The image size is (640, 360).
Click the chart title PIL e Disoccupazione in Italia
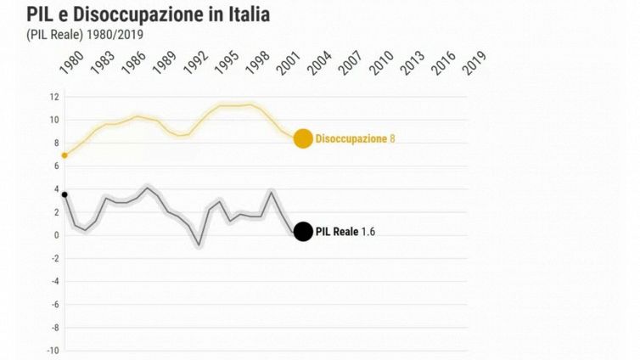click(x=149, y=14)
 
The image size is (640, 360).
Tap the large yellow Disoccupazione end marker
click(x=303, y=138)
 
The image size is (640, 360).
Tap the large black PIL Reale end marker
click(x=303, y=231)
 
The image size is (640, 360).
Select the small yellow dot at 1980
click(x=65, y=155)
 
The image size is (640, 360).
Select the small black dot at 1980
click(x=65, y=194)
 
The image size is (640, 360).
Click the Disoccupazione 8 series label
click(x=355, y=138)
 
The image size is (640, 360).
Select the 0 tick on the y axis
click(x=55, y=235)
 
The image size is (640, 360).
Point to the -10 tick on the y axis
click(x=52, y=350)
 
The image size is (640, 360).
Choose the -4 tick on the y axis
click(x=53, y=281)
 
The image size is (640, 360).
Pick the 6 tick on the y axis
click(x=55, y=166)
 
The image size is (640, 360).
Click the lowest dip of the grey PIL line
click(x=199, y=245)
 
